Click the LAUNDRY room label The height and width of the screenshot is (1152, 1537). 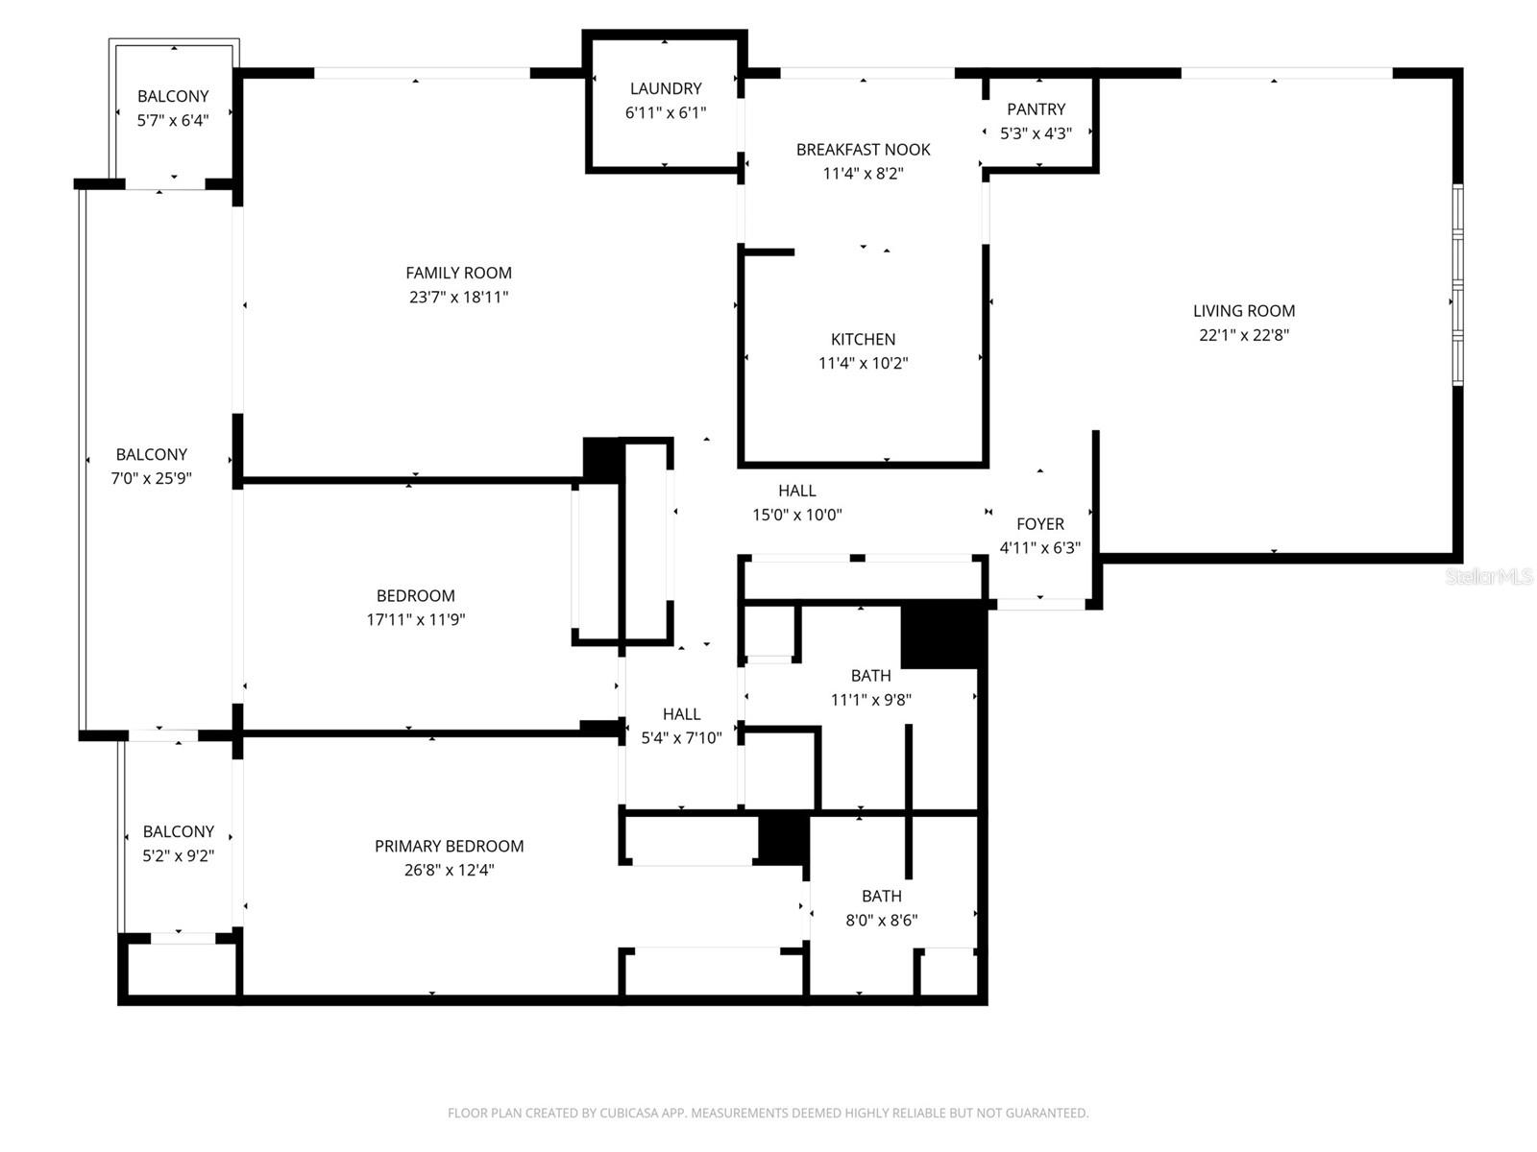pos(665,88)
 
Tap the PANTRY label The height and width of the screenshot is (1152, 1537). pos(1036,109)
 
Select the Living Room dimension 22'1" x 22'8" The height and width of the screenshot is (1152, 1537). pos(1244,335)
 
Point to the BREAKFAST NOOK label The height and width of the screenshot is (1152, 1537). pos(863,150)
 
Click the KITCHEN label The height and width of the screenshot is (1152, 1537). pos(863,339)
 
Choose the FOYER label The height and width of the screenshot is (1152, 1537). pos(1040,524)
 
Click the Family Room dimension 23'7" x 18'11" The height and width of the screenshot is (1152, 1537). pos(458,298)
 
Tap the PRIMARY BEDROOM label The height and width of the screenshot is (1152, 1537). pos(449,846)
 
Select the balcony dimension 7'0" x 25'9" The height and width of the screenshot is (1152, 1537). pos(152,478)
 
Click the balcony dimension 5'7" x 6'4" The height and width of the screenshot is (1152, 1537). pos(173,120)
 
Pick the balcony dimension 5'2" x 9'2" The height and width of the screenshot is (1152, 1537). pos(178,855)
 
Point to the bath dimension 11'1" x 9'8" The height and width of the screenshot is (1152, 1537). pos(870,700)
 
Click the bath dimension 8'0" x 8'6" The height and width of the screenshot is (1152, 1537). pos(881,920)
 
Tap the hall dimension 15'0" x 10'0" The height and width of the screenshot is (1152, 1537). pos(796,515)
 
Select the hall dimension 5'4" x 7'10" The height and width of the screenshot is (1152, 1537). pos(681,738)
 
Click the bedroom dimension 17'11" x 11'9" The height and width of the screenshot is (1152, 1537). pos(415,620)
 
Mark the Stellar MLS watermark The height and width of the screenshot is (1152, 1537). pos(1488,576)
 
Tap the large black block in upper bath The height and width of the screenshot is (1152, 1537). pos(941,634)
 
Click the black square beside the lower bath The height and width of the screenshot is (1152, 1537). pos(783,838)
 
